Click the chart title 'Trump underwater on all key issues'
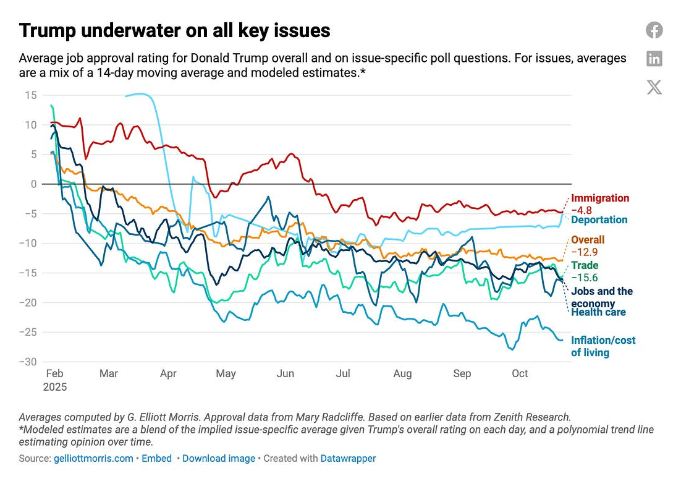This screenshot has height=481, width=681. point(175,30)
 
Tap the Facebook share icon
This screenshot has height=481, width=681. point(654,30)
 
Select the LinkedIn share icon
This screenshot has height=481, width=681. point(654,59)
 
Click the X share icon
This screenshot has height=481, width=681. point(654,87)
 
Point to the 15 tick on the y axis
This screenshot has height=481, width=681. point(31,95)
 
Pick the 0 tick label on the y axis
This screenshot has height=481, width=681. point(34,184)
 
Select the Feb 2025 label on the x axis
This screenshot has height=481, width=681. point(56,380)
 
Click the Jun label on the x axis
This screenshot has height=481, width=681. point(285,373)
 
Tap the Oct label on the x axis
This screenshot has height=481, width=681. point(520,373)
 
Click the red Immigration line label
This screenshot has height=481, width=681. point(599,198)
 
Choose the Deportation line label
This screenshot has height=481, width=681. point(599,219)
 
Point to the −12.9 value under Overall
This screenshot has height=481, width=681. point(585,252)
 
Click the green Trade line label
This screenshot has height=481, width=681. point(585,265)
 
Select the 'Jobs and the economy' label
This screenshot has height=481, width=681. point(601,297)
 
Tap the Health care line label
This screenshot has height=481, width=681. point(598,312)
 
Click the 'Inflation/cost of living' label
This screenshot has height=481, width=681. point(603,346)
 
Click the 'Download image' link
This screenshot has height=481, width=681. point(218,458)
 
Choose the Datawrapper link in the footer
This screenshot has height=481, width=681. point(348,458)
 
